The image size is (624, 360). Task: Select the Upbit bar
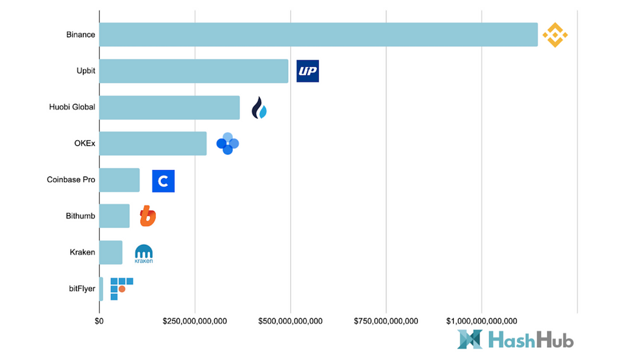(x=194, y=71)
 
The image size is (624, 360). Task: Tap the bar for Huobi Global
(x=169, y=107)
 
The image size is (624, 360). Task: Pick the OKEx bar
(x=153, y=144)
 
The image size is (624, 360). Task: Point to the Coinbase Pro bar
(x=119, y=180)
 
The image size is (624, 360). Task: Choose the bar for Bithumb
(x=115, y=216)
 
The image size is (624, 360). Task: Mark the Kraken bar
(x=111, y=252)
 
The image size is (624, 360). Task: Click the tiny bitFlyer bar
(x=101, y=288)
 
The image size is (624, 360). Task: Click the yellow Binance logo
(x=555, y=35)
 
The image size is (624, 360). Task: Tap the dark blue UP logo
(x=308, y=71)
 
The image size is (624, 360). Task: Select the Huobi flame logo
(x=260, y=108)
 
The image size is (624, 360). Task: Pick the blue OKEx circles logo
(x=227, y=144)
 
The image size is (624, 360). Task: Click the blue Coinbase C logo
(x=163, y=181)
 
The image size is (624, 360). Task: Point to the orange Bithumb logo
(x=147, y=216)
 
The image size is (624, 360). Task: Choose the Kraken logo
(x=144, y=253)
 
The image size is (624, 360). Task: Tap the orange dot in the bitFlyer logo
(x=122, y=289)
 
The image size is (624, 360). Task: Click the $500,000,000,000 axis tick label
(x=291, y=321)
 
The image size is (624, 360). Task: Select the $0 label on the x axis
(x=99, y=321)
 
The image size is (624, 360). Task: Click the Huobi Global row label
(x=72, y=107)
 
